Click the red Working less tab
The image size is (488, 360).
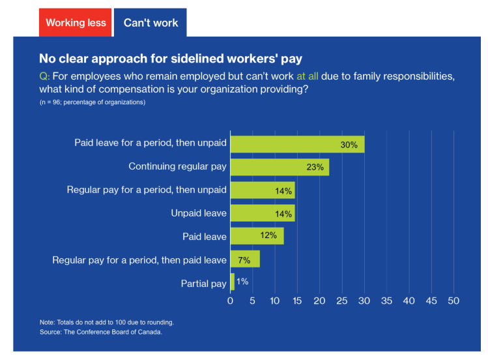(x=76, y=22)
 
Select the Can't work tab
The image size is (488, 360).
(x=151, y=22)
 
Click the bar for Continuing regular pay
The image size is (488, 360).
(x=280, y=166)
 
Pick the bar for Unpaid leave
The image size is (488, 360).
(x=262, y=213)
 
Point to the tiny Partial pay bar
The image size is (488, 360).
(x=232, y=282)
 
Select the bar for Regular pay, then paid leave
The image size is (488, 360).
(x=245, y=260)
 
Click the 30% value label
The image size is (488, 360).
(x=349, y=144)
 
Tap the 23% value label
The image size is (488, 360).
(x=315, y=167)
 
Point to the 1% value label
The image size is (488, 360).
(x=242, y=282)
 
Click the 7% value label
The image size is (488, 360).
(x=244, y=260)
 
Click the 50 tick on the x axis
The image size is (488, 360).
(x=453, y=301)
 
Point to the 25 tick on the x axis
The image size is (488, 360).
(x=341, y=301)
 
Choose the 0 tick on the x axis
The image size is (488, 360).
(x=230, y=301)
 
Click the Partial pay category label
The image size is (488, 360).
(x=203, y=283)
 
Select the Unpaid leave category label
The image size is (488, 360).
(x=199, y=213)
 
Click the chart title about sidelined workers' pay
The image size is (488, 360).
(x=170, y=59)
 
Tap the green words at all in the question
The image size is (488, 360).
(x=308, y=76)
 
